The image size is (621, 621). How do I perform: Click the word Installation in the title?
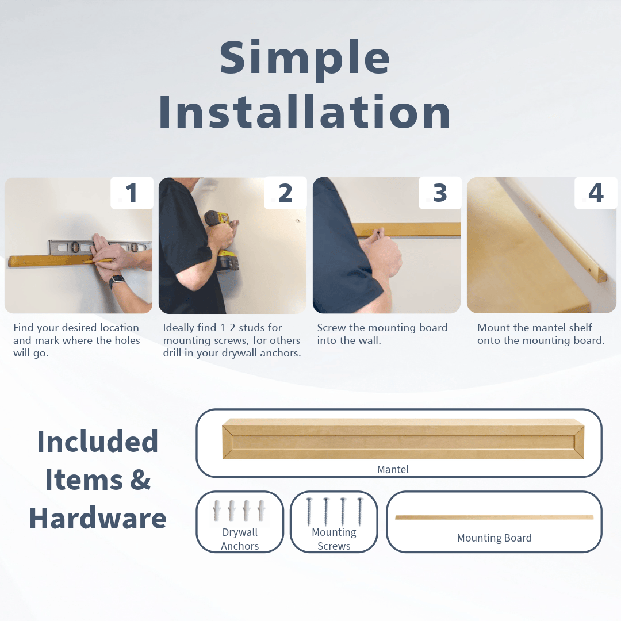305,112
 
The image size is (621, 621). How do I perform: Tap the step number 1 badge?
132,193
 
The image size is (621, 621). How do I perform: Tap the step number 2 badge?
285,193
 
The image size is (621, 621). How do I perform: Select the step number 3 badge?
440,193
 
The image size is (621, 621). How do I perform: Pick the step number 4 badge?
596,193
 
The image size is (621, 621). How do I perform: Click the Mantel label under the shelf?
393,470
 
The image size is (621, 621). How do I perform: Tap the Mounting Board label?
494,538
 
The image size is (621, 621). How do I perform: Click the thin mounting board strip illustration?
494,517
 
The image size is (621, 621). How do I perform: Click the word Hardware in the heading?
98,519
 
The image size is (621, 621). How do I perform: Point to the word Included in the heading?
98,442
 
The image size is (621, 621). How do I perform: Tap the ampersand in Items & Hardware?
140,480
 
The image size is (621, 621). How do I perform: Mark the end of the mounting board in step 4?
601,277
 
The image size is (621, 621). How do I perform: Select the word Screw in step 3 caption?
332,328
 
